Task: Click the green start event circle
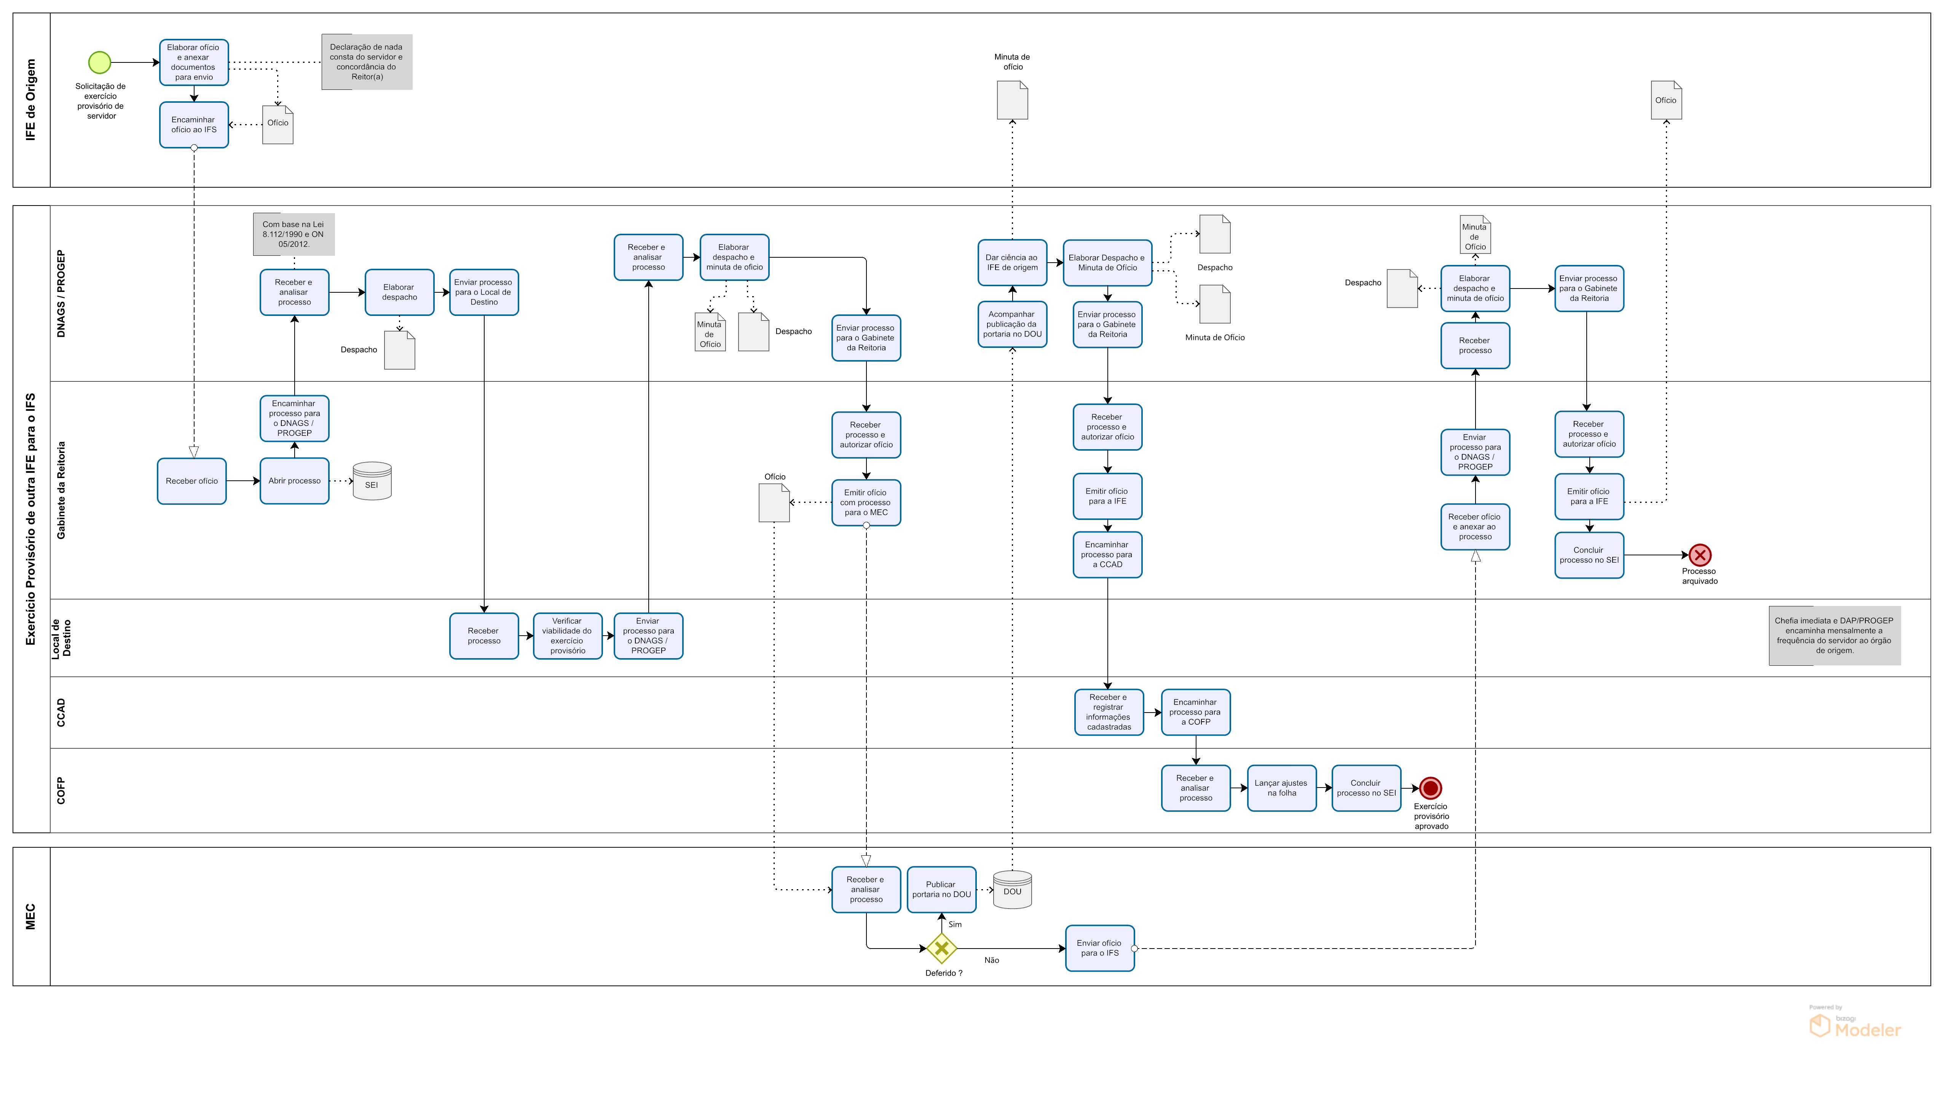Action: pos(100,62)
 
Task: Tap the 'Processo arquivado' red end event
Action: pos(1699,555)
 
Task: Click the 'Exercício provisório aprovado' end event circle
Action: pos(1430,788)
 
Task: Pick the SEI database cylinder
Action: pos(372,481)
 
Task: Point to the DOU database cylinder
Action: pos(1012,890)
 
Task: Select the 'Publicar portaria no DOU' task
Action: pos(941,890)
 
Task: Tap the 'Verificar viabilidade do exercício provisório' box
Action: pos(567,636)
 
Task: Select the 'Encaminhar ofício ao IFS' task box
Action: pos(194,124)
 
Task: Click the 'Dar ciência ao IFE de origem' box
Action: pos(1012,262)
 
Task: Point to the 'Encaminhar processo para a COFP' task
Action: pos(1195,712)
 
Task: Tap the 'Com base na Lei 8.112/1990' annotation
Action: pos(294,234)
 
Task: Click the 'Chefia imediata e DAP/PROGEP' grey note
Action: pos(1835,636)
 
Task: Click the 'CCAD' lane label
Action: pos(61,713)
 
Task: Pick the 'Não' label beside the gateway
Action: pos(992,960)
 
